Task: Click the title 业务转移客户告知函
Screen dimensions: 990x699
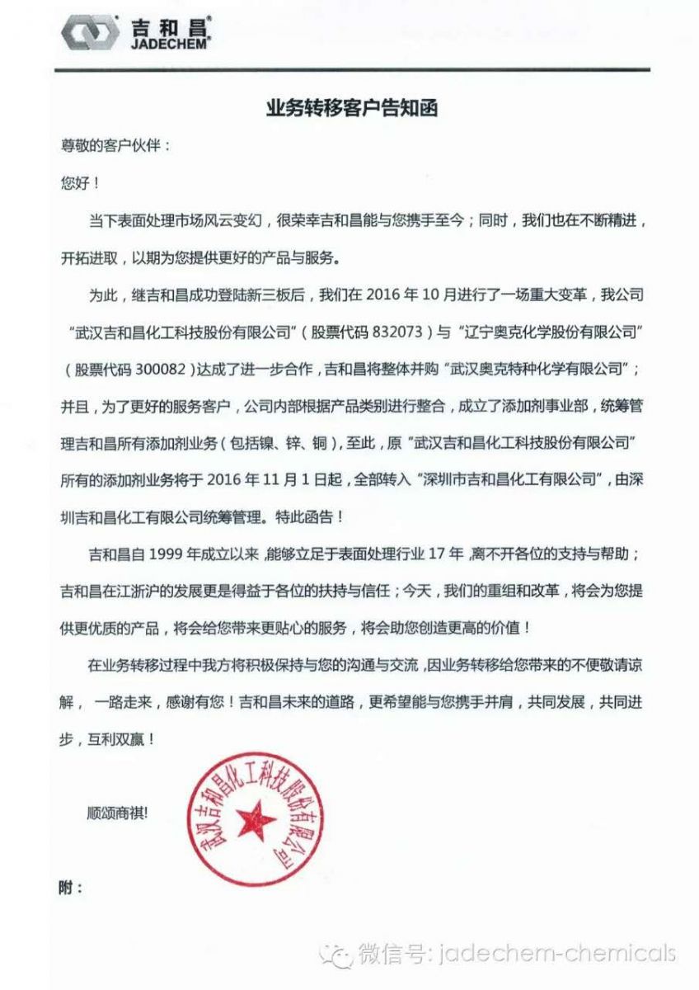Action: pyautogui.click(x=349, y=109)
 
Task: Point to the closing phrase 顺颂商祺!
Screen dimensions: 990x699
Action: pyautogui.click(x=118, y=813)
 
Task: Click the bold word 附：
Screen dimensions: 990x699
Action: pyautogui.click(x=72, y=889)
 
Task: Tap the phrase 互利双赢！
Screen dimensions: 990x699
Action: pyautogui.click(x=120, y=740)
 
